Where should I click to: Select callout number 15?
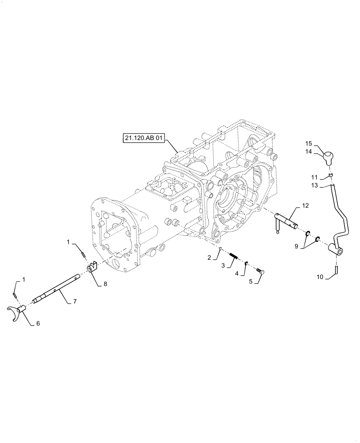coord(309,143)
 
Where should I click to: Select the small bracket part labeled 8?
coord(91,268)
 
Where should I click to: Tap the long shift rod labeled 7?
coord(58,288)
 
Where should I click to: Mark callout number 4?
coord(238,274)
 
